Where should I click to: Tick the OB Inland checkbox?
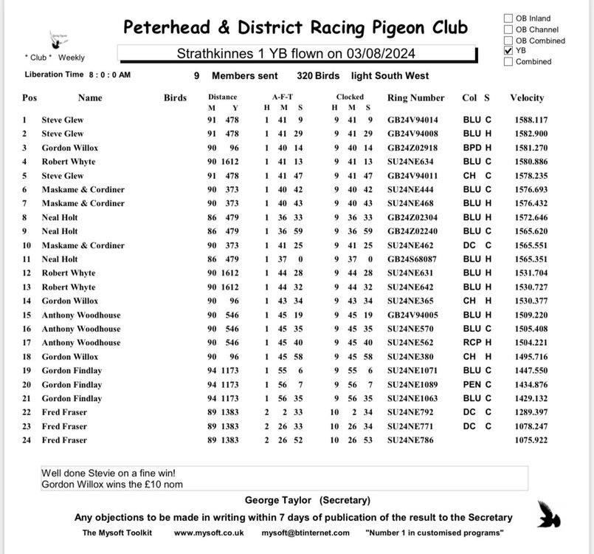[508, 18]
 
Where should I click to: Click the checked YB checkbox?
[508, 51]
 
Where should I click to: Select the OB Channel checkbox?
[508, 30]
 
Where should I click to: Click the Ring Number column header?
[415, 98]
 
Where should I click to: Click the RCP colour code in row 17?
[472, 343]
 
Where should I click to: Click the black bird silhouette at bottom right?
[548, 513]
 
